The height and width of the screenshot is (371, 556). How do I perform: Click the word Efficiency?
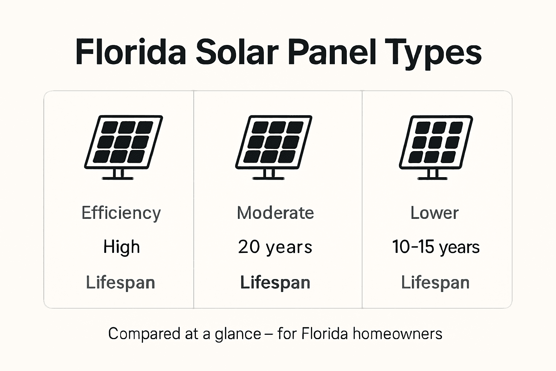(x=121, y=213)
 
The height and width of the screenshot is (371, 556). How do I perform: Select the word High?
(x=121, y=247)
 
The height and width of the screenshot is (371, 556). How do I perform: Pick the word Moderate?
(x=275, y=213)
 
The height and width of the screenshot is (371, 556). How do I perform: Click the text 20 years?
(x=275, y=247)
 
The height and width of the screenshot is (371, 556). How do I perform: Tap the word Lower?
(x=434, y=213)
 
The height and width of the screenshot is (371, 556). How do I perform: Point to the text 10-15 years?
(x=436, y=247)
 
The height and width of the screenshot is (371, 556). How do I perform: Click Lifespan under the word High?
(x=121, y=283)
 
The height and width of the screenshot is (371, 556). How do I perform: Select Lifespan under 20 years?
(x=275, y=283)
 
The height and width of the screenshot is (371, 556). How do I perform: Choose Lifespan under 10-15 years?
(x=435, y=283)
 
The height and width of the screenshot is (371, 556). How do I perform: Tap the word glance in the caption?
(x=238, y=334)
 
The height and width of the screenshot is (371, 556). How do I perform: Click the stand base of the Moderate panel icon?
(x=268, y=178)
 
